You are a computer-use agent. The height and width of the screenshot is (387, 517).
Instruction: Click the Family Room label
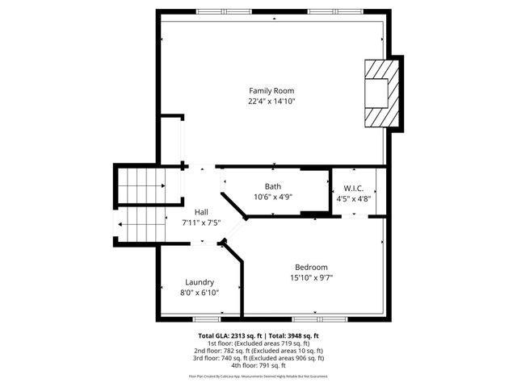pyautogui.click(x=271, y=90)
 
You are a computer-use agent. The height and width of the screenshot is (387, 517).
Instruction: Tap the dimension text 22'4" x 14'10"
pyautogui.click(x=271, y=102)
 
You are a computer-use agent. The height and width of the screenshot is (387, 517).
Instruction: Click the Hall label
pyautogui.click(x=201, y=211)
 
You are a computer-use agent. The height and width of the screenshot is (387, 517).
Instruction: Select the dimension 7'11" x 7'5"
pyautogui.click(x=201, y=223)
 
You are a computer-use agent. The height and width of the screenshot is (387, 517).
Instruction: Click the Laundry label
pyautogui.click(x=200, y=282)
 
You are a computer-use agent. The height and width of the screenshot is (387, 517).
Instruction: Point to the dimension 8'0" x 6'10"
pyautogui.click(x=200, y=293)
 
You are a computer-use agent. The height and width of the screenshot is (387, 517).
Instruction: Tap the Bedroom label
pyautogui.click(x=311, y=267)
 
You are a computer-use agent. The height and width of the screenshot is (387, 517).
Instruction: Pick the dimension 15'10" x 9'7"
pyautogui.click(x=311, y=278)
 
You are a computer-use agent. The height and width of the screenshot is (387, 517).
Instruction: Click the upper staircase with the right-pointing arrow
pyautogui.click(x=141, y=185)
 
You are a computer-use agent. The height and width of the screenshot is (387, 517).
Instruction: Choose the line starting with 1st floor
pyautogui.click(x=258, y=343)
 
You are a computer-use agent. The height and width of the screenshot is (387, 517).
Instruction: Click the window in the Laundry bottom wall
pyautogui.click(x=207, y=320)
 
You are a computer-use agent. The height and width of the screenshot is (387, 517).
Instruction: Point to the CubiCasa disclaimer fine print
pyautogui.click(x=258, y=376)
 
